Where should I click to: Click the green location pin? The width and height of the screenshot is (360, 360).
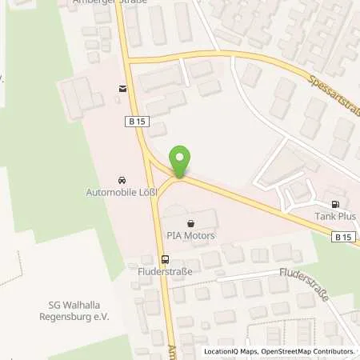coord(180,161)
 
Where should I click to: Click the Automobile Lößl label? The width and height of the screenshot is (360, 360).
coord(122,192)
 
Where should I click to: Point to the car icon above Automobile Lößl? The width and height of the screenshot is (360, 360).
coord(122,179)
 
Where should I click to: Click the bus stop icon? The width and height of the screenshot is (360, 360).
coord(165,258)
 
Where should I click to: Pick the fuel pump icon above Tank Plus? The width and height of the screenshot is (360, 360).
coord(334,204)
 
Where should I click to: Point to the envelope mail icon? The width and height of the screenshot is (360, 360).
coord(122,89)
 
